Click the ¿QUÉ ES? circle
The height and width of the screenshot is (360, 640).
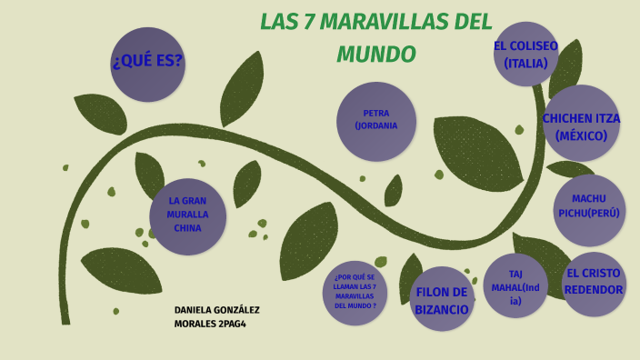(147, 64)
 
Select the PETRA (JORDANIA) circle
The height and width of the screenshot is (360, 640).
(375, 121)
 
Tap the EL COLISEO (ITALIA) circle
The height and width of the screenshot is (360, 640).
(525, 55)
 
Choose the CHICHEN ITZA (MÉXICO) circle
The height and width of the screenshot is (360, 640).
(581, 125)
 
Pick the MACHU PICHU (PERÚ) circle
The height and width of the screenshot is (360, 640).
(589, 209)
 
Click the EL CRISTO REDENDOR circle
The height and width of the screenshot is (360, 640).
(594, 284)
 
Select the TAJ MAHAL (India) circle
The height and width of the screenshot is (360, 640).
(515, 285)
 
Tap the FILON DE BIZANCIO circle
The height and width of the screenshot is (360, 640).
(442, 299)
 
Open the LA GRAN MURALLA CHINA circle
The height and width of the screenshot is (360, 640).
(187, 215)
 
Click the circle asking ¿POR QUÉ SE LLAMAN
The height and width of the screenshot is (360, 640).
(355, 291)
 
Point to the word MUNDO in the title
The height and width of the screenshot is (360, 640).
(375, 55)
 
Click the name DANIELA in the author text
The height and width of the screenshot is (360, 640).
(195, 310)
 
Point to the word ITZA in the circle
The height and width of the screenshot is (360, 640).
(602, 118)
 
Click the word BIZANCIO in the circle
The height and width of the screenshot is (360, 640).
(442, 309)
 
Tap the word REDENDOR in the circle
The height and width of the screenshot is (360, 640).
(594, 290)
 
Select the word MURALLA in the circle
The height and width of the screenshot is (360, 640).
(187, 215)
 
